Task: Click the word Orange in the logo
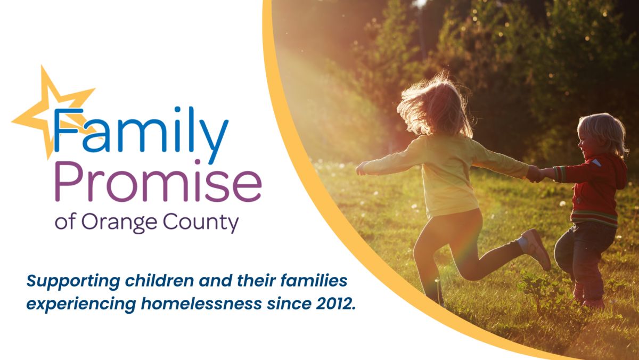coord(119,223)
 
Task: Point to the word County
coord(201,223)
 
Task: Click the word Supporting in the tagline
coord(73,281)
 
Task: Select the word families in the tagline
coord(314,281)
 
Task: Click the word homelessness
coord(201,303)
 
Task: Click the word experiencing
coord(81,304)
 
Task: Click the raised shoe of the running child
coord(536,249)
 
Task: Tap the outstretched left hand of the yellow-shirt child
coord(362,168)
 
